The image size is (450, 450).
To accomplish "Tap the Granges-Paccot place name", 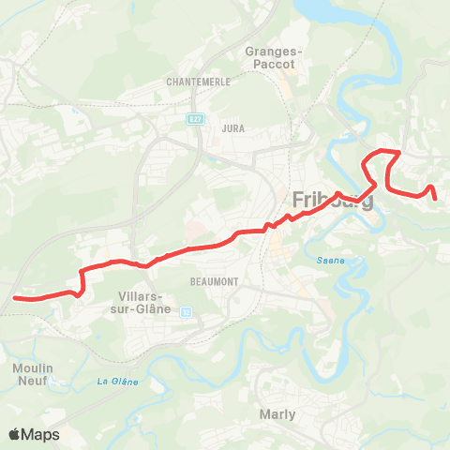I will [x=270, y=57].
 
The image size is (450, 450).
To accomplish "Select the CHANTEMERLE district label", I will [x=199, y=82].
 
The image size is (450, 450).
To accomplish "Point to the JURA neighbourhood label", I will [x=233, y=127].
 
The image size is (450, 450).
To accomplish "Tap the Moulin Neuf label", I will [x=33, y=374].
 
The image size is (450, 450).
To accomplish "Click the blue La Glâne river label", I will [x=118, y=382].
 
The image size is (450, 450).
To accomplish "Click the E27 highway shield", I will [x=195, y=119].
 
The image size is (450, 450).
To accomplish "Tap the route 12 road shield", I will [x=186, y=312].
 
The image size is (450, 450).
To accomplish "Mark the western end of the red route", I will [x=14, y=298].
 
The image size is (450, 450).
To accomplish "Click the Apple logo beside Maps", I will [x=15, y=434].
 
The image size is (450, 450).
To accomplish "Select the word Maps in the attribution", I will [x=41, y=434].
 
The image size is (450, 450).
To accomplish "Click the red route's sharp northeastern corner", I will [x=400, y=151].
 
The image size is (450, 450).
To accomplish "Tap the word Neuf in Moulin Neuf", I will [x=34, y=382].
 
